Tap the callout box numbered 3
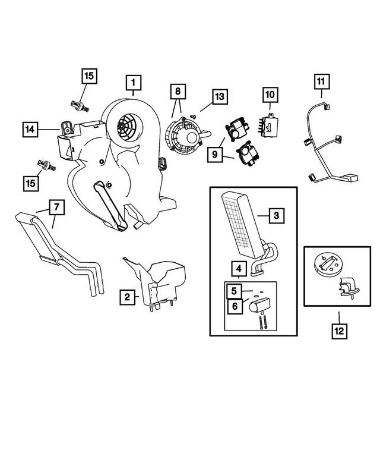pos(275,216)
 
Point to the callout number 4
pos(237,268)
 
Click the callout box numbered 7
pos(55,208)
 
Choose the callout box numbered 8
pos(176,92)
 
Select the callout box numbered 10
pos(270,95)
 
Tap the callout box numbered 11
pos(321,80)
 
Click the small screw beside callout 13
pos(193,117)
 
